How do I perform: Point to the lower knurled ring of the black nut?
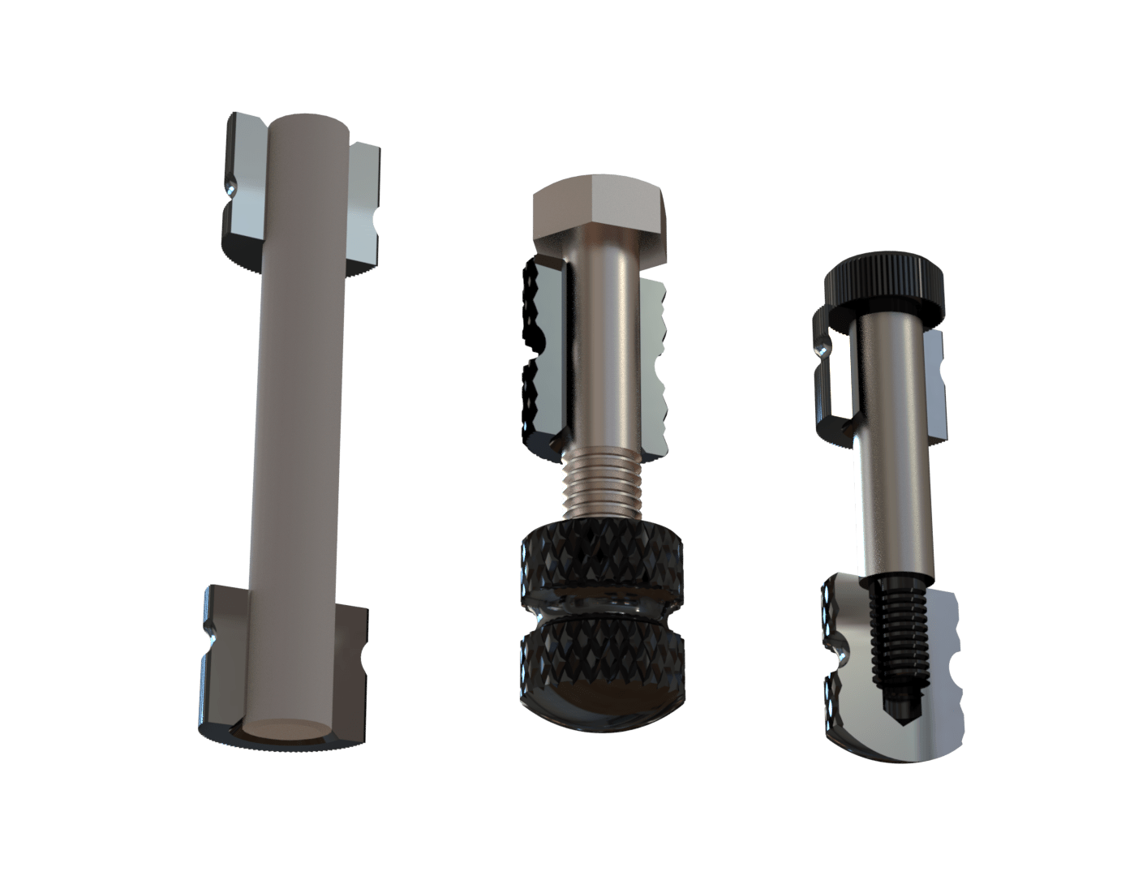coord(601,654)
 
